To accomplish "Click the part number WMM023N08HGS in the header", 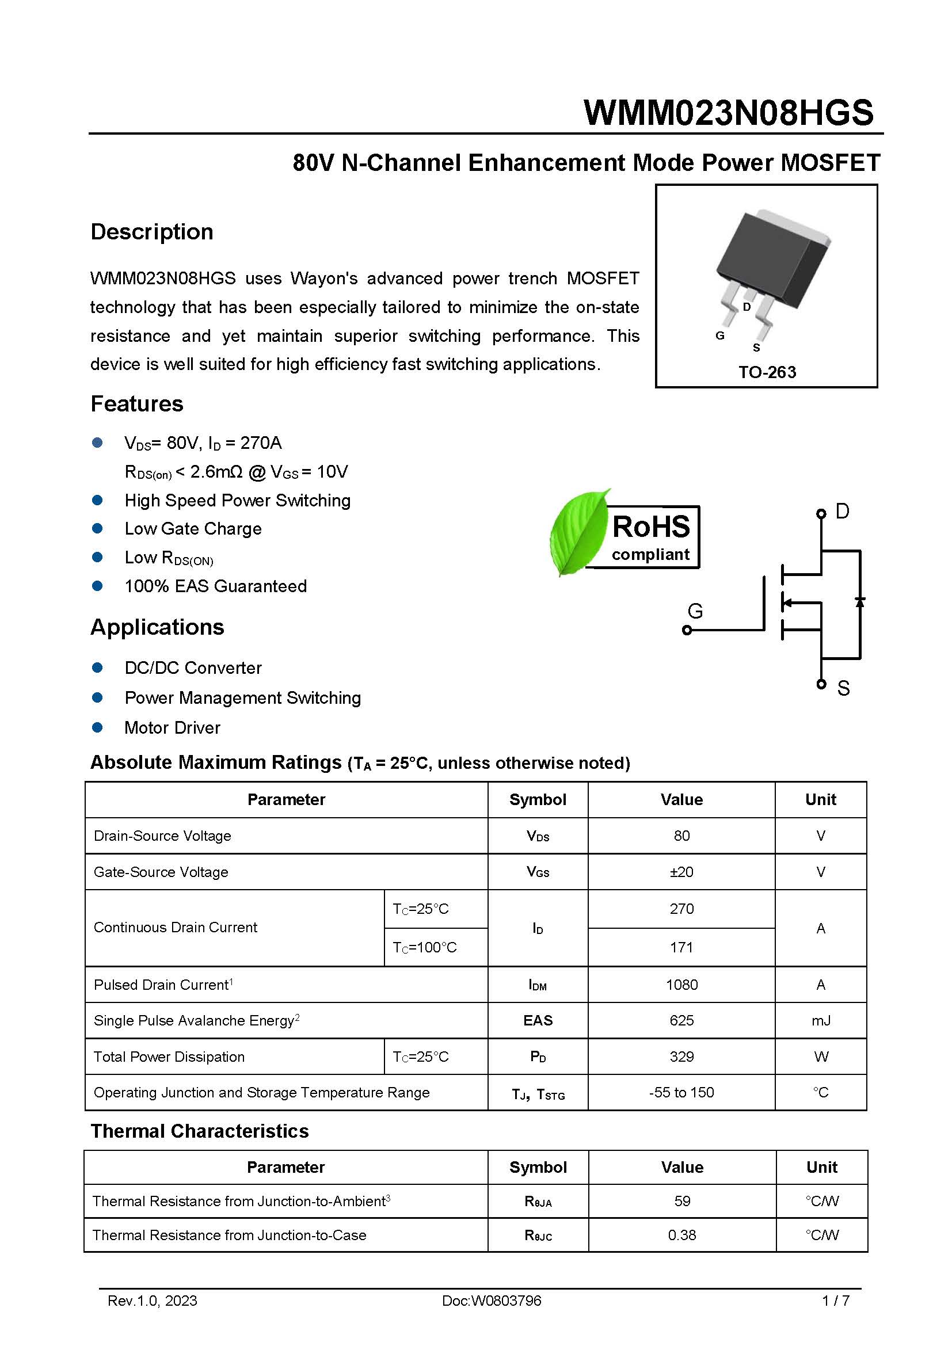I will click(x=728, y=113).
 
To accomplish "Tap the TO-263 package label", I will click(x=767, y=372).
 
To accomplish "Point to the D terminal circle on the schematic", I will click(x=821, y=514).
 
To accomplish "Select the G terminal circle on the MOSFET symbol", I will click(x=687, y=630).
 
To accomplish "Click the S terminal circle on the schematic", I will click(x=821, y=684).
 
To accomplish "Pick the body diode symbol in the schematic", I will click(x=860, y=602).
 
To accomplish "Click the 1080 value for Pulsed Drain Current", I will click(x=681, y=984).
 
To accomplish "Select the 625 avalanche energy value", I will click(x=681, y=1020).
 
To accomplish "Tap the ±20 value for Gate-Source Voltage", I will click(x=681, y=872).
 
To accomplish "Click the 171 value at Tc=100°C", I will click(x=681, y=947).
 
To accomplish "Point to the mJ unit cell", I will click(x=821, y=1021).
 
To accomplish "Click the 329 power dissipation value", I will click(x=681, y=1057).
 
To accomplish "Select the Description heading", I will click(x=152, y=231).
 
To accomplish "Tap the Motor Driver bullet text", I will click(x=172, y=727).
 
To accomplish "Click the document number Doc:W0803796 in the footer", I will click(x=491, y=1301).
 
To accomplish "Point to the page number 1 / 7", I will click(x=835, y=1301).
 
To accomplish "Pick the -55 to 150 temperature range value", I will click(x=681, y=1092).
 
